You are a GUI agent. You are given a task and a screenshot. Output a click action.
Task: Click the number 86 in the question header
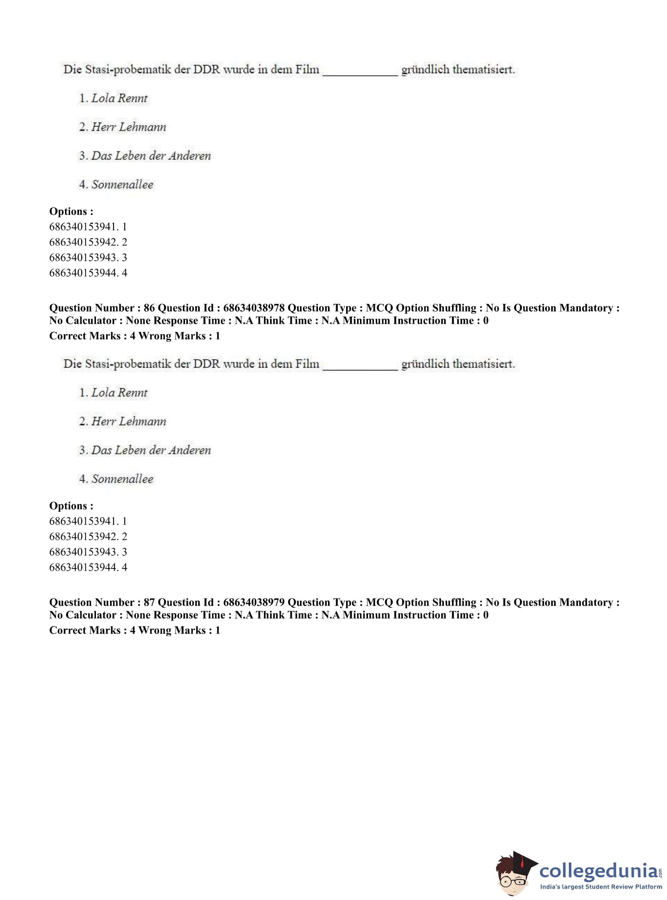(149, 308)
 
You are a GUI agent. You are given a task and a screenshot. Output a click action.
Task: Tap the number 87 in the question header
(149, 603)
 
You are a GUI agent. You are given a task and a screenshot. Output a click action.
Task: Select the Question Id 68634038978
(254, 308)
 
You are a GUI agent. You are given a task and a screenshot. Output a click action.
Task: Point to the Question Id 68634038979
(254, 603)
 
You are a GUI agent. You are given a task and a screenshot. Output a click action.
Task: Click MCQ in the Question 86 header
(379, 308)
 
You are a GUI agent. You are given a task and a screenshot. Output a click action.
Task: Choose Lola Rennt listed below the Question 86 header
(119, 393)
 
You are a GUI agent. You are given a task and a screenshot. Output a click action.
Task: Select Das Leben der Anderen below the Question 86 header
(151, 450)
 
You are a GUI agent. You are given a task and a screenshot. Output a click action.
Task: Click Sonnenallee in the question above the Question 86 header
(122, 185)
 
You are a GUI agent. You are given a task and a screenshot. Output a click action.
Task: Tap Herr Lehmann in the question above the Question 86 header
(128, 127)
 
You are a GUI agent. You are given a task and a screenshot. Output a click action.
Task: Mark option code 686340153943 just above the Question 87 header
(83, 552)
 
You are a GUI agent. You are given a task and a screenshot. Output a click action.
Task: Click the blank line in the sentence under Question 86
(360, 365)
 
